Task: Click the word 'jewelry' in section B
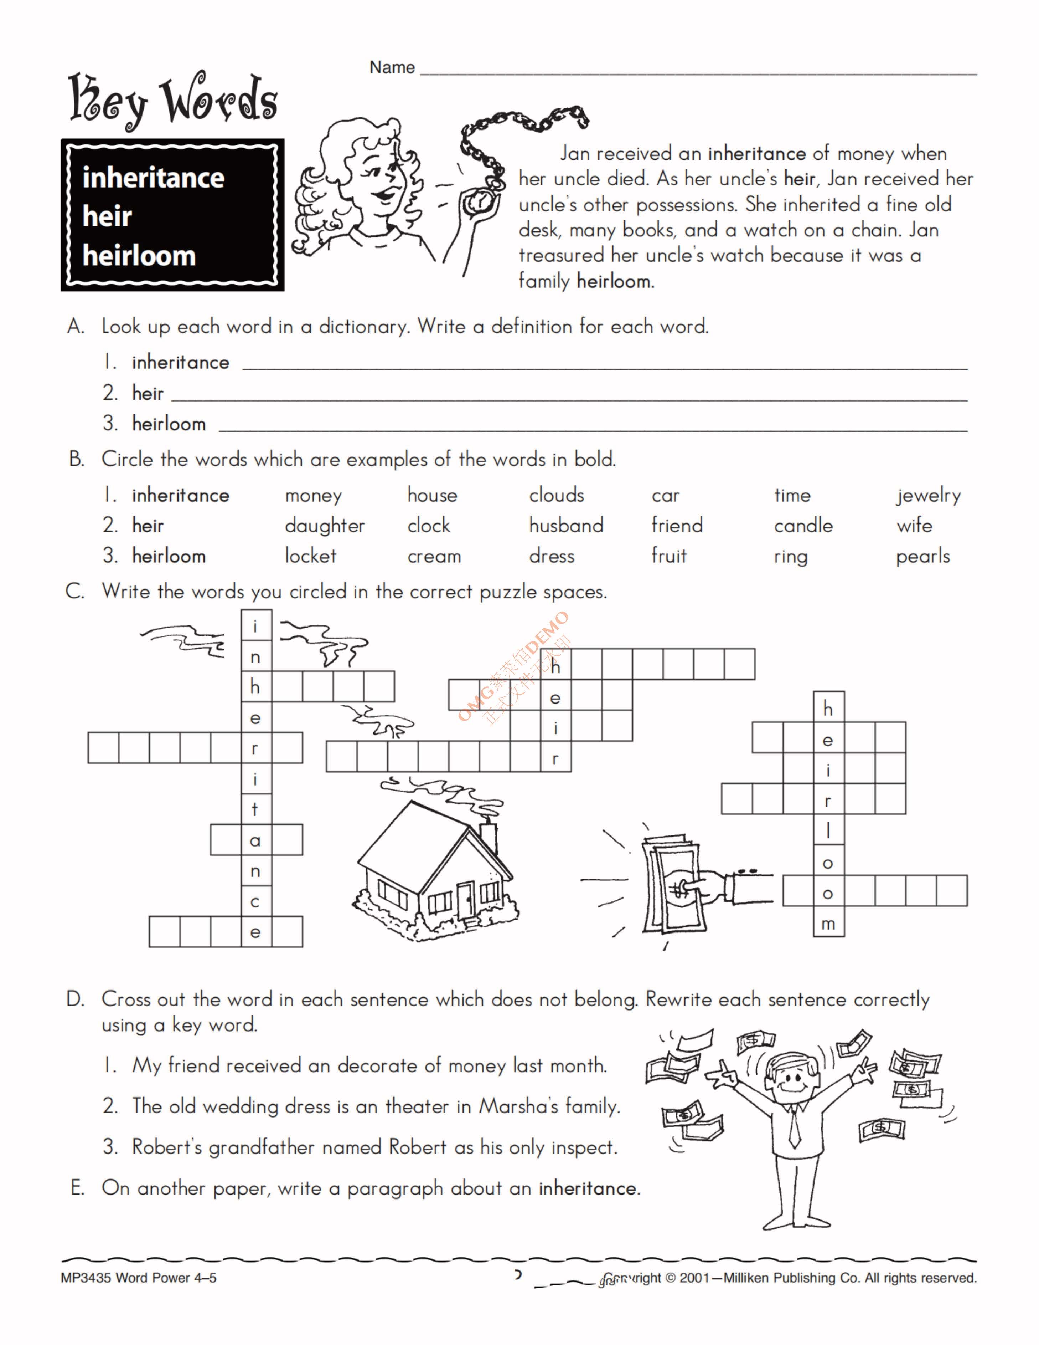[928, 496]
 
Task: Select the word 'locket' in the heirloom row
[310, 556]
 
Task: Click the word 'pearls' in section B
[923, 557]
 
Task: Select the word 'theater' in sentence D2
[417, 1107]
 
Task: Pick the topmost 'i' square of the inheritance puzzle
[255, 626]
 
